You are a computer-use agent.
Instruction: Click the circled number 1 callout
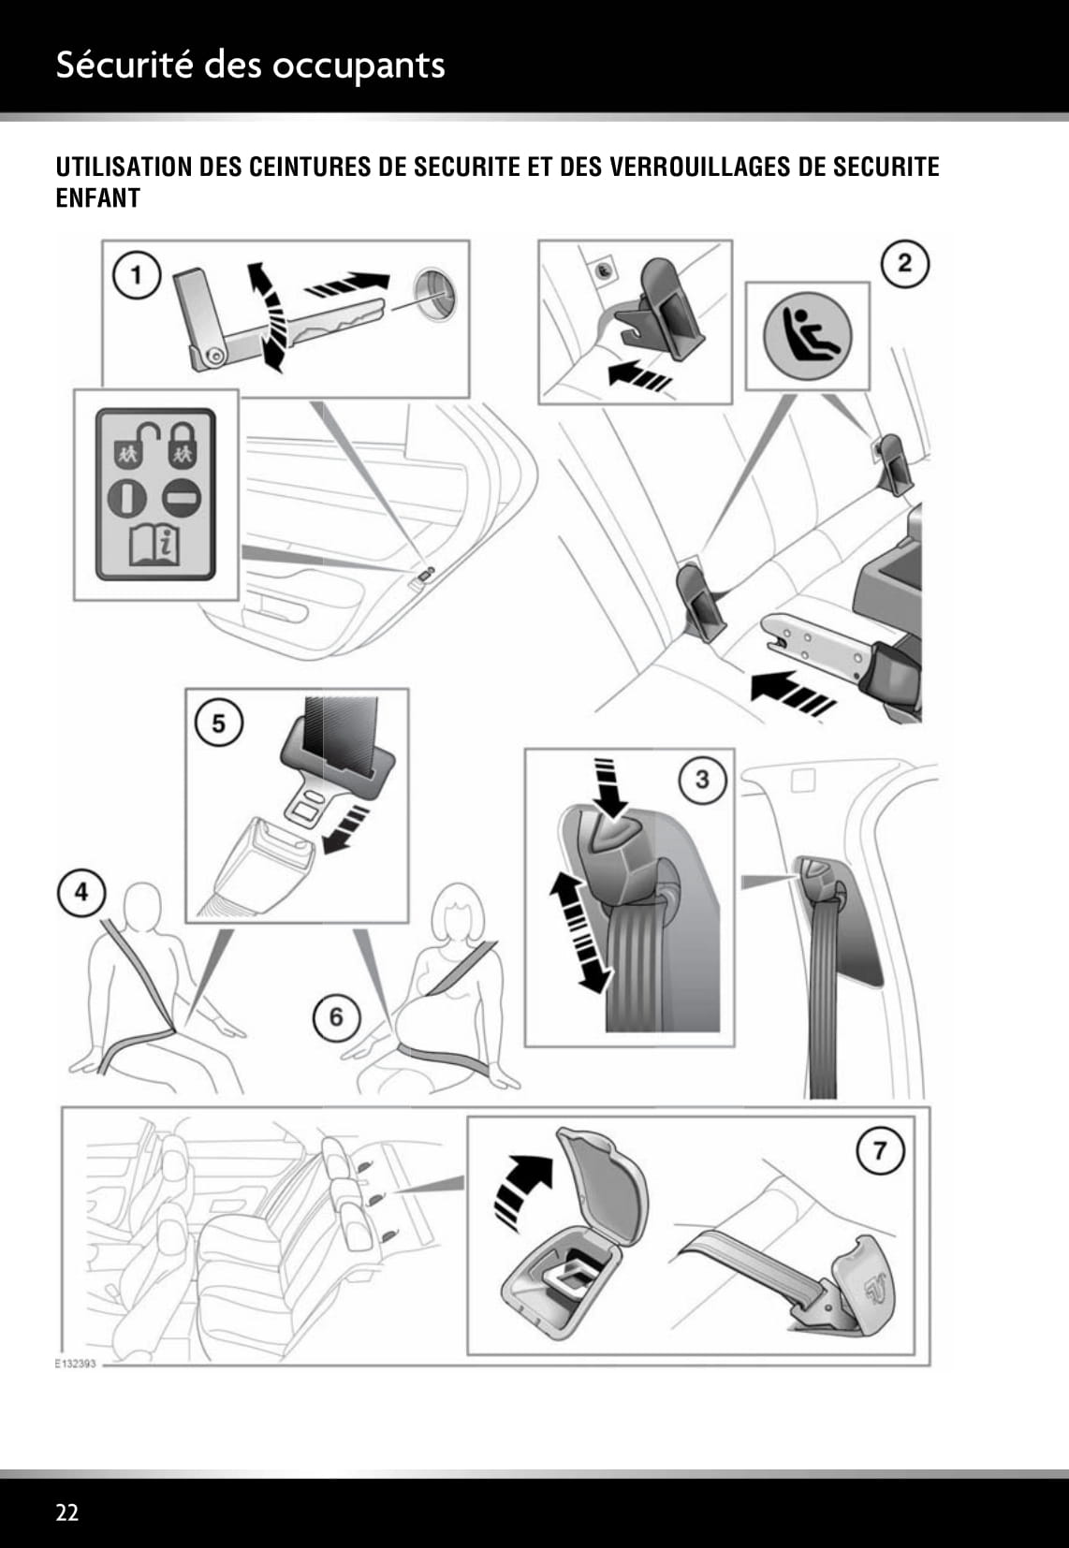pyautogui.click(x=137, y=275)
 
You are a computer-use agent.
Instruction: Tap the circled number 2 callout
pyautogui.click(x=904, y=263)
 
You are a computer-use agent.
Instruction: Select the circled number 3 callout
pyautogui.click(x=702, y=779)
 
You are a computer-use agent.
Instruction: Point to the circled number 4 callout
pyautogui.click(x=81, y=892)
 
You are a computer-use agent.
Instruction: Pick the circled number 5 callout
pyautogui.click(x=218, y=723)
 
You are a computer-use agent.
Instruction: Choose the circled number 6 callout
pyautogui.click(x=336, y=1017)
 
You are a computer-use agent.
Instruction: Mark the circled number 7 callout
pyautogui.click(x=880, y=1149)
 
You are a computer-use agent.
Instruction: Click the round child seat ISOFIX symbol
pyautogui.click(x=807, y=334)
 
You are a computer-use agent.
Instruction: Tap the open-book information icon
pyautogui.click(x=154, y=547)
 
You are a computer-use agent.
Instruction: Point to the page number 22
pyautogui.click(x=67, y=1512)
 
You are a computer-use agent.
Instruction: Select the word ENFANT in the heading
pyautogui.click(x=98, y=198)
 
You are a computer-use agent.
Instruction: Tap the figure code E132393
pyautogui.click(x=76, y=1364)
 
